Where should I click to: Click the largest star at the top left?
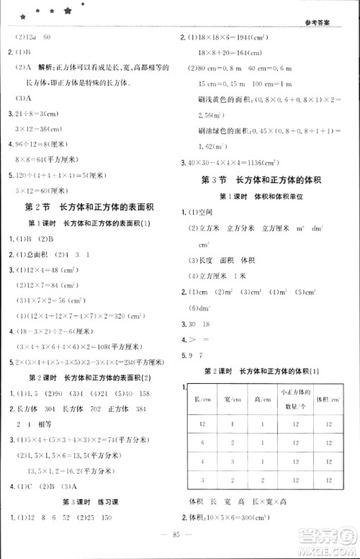coord(67,11)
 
